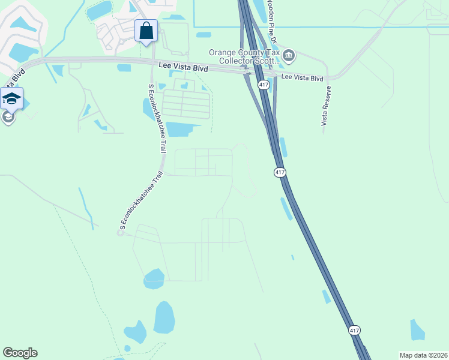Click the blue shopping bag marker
(146, 30)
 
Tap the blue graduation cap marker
(12, 98)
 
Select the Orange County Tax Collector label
(245, 56)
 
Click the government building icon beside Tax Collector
(289, 56)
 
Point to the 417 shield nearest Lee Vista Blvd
(264, 85)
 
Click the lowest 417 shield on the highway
(354, 330)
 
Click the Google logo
(20, 353)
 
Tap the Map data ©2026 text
(423, 355)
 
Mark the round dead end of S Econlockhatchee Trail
(120, 233)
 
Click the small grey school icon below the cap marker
(8, 116)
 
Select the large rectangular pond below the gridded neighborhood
(182, 129)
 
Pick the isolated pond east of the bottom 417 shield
(418, 330)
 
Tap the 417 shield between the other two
(280, 173)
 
